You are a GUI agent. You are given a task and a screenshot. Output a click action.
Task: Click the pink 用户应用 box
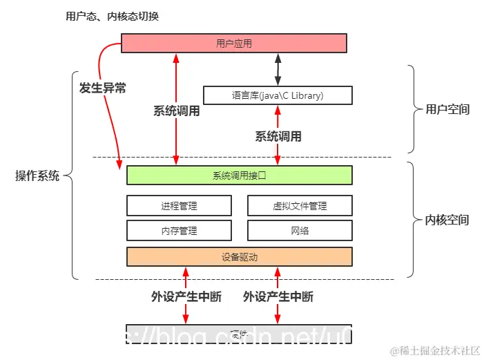coord(233,44)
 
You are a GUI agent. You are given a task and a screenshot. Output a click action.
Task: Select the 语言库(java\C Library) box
coord(278,95)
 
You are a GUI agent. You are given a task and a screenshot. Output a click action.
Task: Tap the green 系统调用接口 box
coord(239,176)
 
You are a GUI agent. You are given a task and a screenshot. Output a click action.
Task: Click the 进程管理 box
coord(179,205)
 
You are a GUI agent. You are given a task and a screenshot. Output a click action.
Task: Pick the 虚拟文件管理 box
coord(299,205)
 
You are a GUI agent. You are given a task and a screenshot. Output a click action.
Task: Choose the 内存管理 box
coord(179,230)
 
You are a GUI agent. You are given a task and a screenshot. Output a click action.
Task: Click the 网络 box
coord(299,230)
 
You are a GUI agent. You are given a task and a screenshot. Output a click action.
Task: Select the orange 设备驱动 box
coord(239,256)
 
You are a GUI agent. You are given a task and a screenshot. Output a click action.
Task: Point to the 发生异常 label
coord(103,88)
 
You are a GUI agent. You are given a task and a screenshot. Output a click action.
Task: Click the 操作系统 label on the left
coord(37,176)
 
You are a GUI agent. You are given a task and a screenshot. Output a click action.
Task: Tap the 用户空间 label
coord(447,109)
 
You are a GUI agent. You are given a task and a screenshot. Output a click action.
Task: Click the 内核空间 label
coord(447,220)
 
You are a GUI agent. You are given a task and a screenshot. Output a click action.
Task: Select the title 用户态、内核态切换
coord(112,16)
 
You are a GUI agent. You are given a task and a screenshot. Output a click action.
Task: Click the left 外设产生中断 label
coord(186,296)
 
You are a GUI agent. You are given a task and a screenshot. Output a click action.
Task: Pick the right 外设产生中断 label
coord(278,296)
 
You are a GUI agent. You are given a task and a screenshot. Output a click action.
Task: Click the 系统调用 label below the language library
coord(278,136)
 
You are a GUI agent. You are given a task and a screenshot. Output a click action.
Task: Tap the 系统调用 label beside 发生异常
coord(176,111)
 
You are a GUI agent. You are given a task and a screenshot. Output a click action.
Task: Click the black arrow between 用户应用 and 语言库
coord(278,69)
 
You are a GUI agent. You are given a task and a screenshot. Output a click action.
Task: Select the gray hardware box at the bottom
coord(239,333)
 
